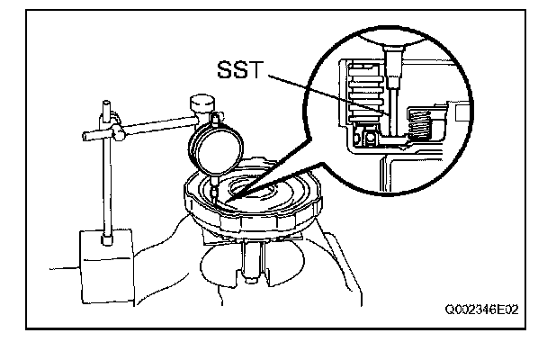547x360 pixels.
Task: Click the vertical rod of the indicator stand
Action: tap(107, 180)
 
